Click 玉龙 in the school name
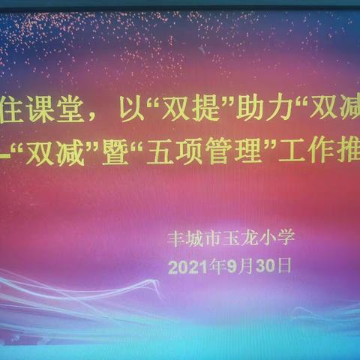click(247, 238)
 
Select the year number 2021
click(187, 265)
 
